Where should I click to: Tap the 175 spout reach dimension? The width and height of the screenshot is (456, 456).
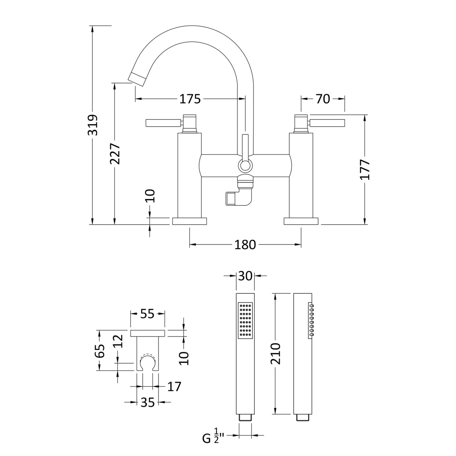pyautogui.click(x=190, y=99)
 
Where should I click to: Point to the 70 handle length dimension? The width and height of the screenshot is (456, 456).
pyautogui.click(x=323, y=99)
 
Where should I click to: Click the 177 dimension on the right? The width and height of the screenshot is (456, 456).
pyautogui.click(x=365, y=170)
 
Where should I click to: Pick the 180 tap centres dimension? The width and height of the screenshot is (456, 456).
pyautogui.click(x=245, y=245)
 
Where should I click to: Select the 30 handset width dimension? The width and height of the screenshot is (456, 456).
pyautogui.click(x=245, y=276)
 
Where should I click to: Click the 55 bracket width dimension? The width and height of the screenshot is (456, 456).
pyautogui.click(x=147, y=313)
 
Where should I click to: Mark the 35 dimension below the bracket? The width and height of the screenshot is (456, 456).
pyautogui.click(x=148, y=402)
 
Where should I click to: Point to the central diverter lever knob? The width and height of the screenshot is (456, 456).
pyautogui.click(x=245, y=165)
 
